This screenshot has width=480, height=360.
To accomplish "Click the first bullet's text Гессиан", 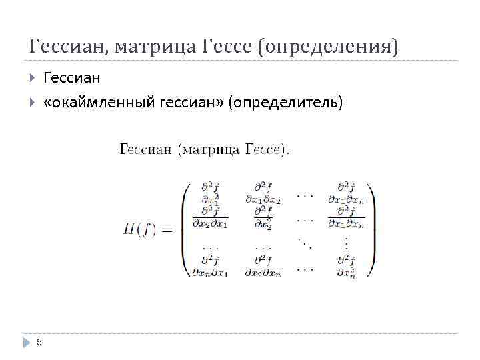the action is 71,78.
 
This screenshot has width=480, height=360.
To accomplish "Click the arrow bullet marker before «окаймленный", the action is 33,102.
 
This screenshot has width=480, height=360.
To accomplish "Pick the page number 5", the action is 39,342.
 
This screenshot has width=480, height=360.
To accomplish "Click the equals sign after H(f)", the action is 167,231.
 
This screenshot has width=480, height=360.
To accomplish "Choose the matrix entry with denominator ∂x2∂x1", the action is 210,217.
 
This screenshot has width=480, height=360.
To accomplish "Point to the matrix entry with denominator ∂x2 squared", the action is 262,217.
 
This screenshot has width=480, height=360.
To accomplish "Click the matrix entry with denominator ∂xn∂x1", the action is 210,265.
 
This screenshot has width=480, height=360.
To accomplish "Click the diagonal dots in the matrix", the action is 305,243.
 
